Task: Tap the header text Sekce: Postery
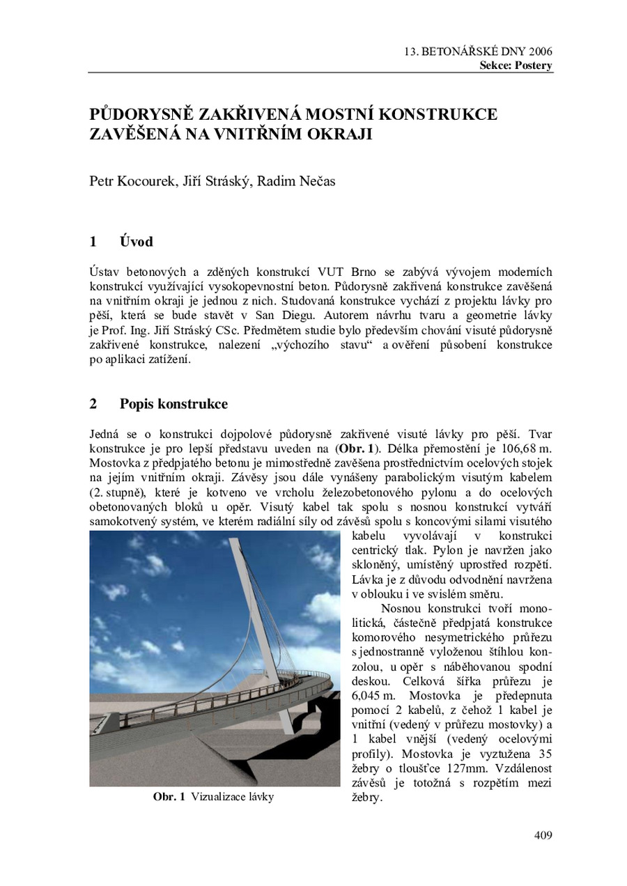516,66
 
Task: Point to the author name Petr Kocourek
134,182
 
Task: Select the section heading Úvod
136,242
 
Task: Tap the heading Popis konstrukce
173,404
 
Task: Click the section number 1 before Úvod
93,242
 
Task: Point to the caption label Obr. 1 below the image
169,797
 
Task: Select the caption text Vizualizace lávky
233,797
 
